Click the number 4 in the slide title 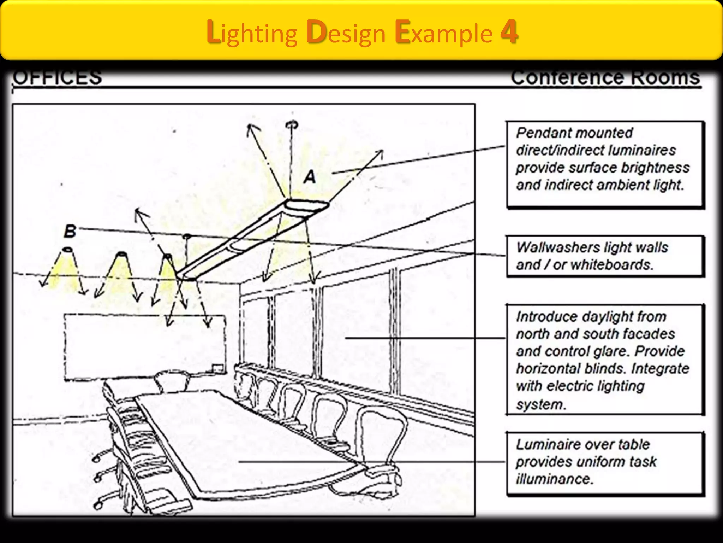(509, 33)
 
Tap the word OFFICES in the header (58, 77)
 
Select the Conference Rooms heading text (605, 77)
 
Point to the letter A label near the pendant (310, 176)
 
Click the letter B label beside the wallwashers (70, 232)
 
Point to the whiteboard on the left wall (145, 346)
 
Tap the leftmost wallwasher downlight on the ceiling (67, 250)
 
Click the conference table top (247, 442)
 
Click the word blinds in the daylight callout (605, 369)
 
